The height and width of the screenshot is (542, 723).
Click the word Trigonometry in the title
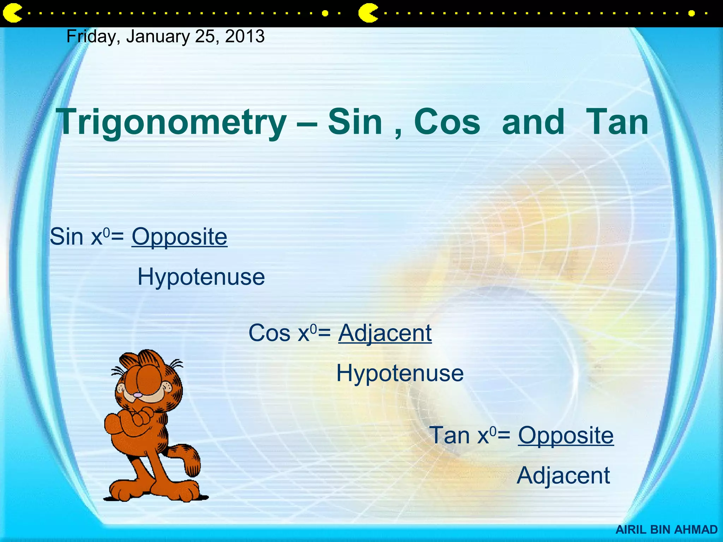[172, 122]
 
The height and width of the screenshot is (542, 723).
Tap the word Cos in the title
[447, 122]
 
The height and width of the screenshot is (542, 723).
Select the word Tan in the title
[617, 122]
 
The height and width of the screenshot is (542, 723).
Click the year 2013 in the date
[245, 36]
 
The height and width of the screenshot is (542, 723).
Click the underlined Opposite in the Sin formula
[179, 236]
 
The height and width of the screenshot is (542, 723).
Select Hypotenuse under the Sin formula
[201, 277]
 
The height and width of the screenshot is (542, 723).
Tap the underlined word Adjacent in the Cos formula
[385, 333]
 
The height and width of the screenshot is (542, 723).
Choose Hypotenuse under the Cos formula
[400, 373]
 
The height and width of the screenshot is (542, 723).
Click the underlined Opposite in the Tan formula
[566, 435]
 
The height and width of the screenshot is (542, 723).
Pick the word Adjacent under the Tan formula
[563, 475]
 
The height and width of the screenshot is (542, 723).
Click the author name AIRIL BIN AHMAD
[667, 530]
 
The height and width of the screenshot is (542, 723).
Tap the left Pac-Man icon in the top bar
[12, 13]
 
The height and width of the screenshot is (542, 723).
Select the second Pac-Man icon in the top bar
[368, 13]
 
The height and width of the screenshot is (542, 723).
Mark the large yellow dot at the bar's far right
[691, 13]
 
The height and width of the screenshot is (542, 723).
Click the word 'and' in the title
[533, 122]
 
